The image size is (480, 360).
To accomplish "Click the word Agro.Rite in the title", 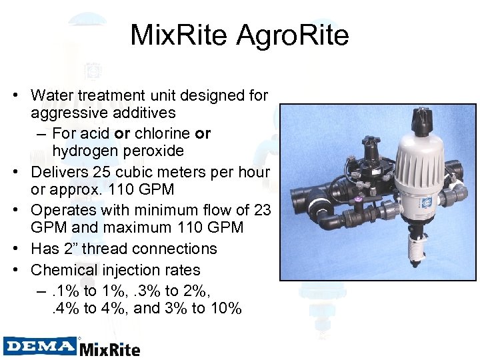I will click(x=294, y=35).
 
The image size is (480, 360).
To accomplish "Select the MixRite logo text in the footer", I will click(x=110, y=348).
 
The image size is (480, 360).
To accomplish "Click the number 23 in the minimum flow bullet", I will click(x=262, y=210).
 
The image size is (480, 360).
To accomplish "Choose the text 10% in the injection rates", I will click(x=225, y=309).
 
